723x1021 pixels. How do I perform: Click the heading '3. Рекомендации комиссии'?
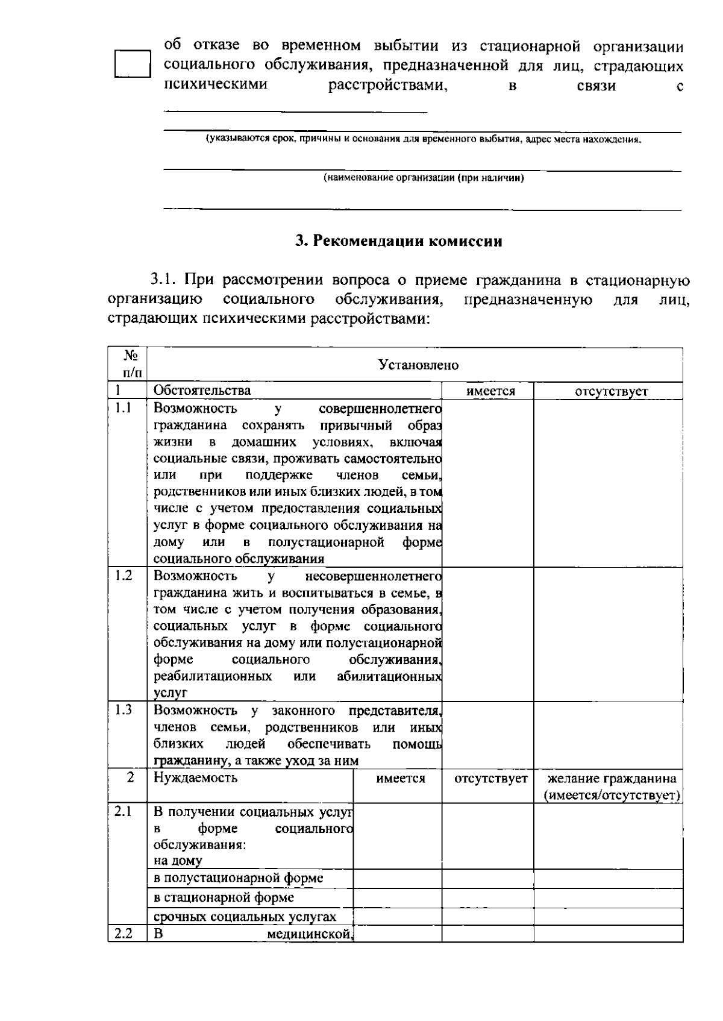pos(398,242)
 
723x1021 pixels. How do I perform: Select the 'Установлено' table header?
pos(418,365)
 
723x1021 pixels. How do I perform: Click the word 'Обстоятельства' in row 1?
pos(202,391)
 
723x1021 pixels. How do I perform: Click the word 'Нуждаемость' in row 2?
pos(195,778)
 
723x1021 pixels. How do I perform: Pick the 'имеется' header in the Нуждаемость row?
pos(401,779)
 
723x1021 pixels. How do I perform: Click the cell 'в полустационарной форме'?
pos(238,878)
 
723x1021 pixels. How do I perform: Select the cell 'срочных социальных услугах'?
pos(245,917)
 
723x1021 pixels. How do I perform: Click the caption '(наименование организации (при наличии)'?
pos(424,178)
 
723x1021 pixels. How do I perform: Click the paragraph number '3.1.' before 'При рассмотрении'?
pos(164,280)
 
